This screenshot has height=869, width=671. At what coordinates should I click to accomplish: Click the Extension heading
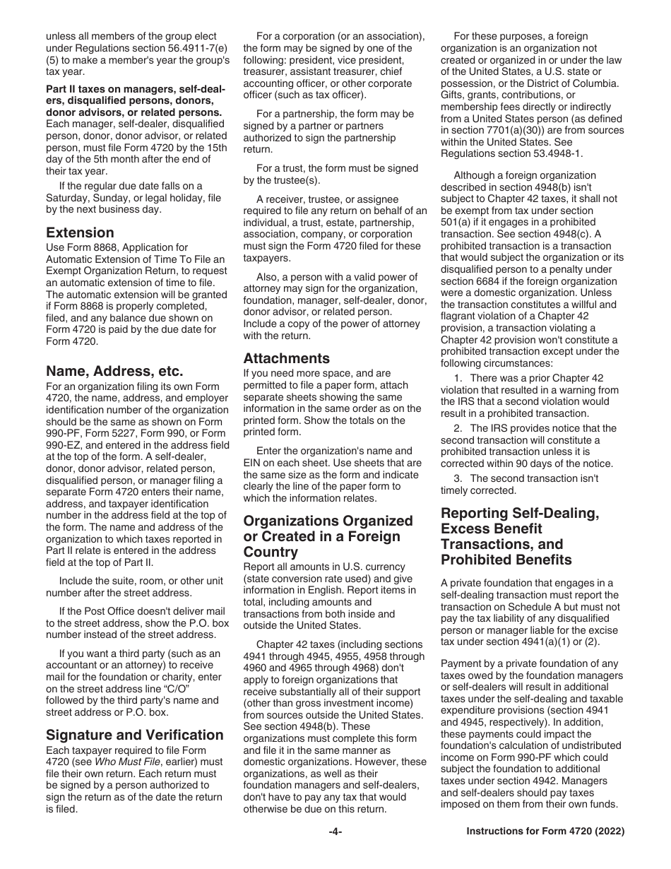(x=80, y=232)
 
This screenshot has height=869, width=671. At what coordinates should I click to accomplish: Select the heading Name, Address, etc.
(x=114, y=371)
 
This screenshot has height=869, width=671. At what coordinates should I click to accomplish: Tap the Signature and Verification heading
(x=134, y=735)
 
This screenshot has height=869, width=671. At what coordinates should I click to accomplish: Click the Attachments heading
(x=286, y=358)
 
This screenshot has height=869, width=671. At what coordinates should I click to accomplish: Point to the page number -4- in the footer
(x=335, y=832)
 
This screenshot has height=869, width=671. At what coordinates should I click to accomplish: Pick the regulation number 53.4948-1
(x=559, y=153)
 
